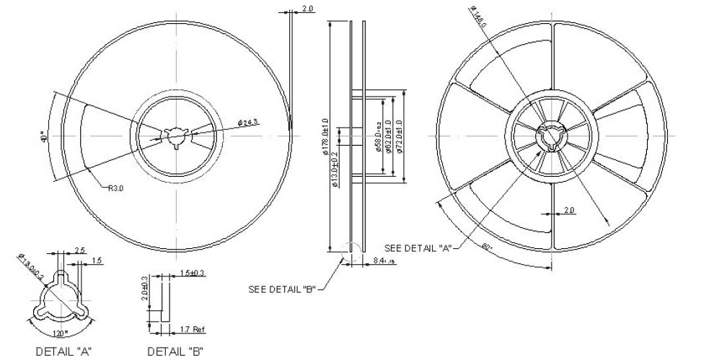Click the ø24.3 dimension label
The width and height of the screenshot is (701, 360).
pos(248,122)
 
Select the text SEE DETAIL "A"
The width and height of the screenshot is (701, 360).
pos(418,248)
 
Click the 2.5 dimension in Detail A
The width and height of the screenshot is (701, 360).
pos(80,250)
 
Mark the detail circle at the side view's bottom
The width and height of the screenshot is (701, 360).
pos(350,247)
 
